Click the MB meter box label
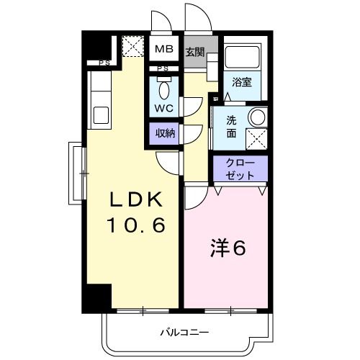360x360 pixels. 165,50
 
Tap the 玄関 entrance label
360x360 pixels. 194,52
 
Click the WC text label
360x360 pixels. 165,109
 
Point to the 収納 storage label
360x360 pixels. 165,133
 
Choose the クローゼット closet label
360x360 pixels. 239,168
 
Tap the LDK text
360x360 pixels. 136,199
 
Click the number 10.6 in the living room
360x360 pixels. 137,225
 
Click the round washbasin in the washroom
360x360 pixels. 257,117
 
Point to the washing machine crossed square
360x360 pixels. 256,139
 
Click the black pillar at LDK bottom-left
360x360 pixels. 97,297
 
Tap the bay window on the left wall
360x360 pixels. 74,173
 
